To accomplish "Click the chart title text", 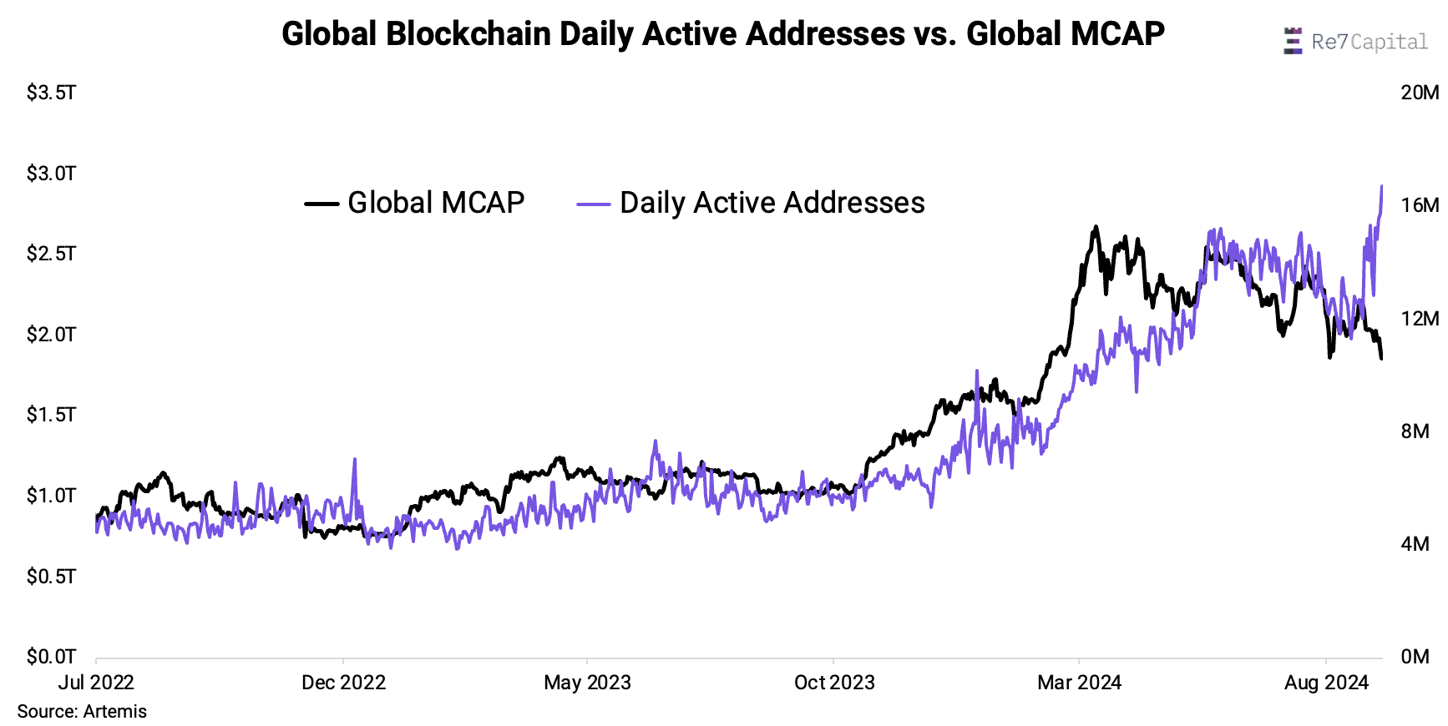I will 722,34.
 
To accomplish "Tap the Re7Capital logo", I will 1355,41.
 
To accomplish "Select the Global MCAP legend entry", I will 415,203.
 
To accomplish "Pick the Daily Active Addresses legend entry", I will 752,203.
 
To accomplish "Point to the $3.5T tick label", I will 51,93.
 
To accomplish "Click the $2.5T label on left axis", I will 51,254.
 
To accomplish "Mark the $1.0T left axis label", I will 51,496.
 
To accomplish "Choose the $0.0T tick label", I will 51,657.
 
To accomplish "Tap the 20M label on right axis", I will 1420,93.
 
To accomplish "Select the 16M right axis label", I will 1420,205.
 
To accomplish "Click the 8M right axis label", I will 1415,431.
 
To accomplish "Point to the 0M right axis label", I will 1415,657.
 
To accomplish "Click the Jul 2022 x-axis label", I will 96,683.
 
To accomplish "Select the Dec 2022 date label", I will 343,683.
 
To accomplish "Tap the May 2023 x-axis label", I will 587,683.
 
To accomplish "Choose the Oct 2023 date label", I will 834,683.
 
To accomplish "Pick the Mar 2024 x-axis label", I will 1079,683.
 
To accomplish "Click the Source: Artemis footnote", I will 82,712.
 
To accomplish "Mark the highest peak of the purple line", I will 1381,186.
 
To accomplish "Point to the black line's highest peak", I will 1096,226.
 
